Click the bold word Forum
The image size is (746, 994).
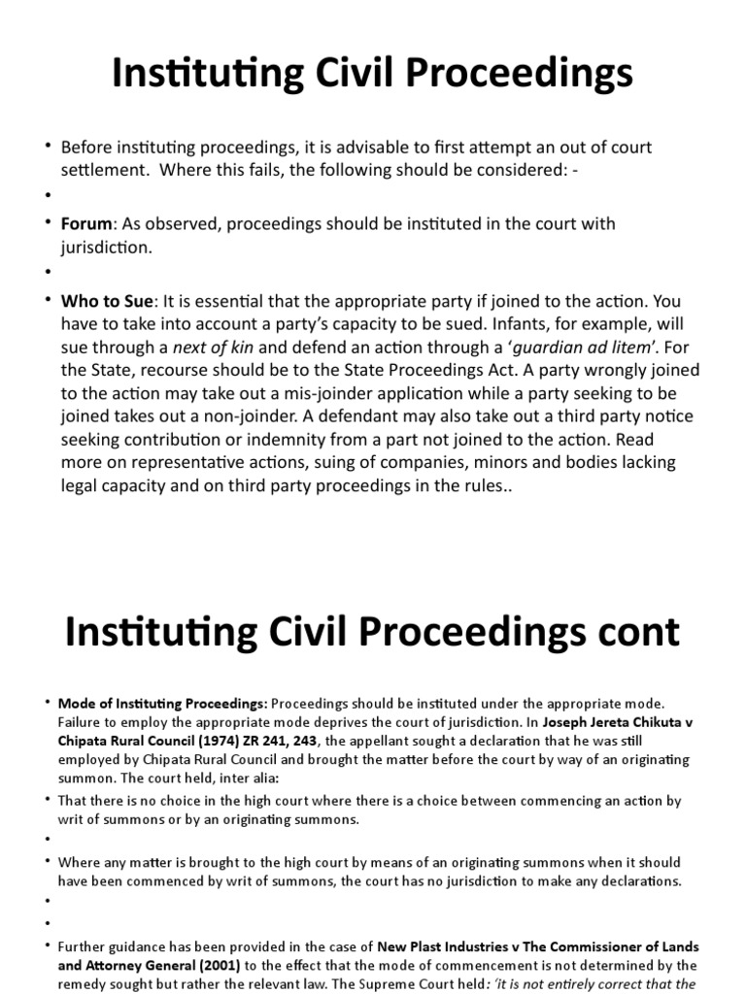86,224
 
